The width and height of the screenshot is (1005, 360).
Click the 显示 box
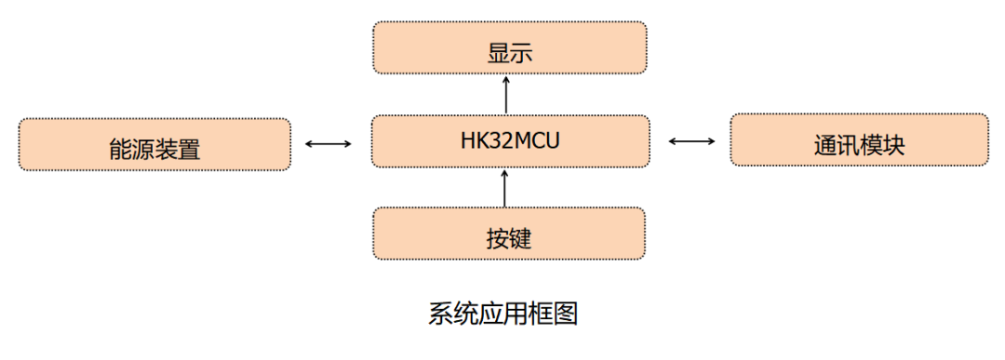tap(509, 47)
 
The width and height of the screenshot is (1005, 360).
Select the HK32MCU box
tap(509, 141)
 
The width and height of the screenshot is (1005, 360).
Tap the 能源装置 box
tap(154, 144)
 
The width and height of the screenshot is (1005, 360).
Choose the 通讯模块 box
tap(859, 140)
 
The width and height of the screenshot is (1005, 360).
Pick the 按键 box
tap(509, 233)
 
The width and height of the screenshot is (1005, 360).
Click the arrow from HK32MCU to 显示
tap(506, 94)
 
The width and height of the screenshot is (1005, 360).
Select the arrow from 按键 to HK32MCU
tap(505, 187)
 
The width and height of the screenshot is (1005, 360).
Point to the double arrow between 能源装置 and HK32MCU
tap(328, 143)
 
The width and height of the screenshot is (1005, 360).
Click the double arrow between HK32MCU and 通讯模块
tap(691, 141)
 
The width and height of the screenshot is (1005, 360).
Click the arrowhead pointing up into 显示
tap(506, 80)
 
